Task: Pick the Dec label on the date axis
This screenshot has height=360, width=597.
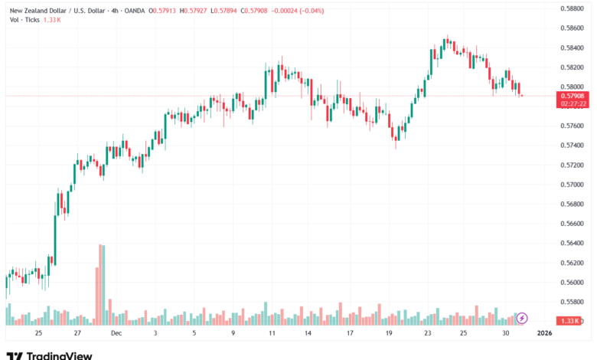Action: tap(116, 334)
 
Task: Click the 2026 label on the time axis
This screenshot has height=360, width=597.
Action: tap(544, 334)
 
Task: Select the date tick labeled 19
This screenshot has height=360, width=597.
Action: tap(389, 334)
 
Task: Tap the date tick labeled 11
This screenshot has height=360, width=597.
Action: tap(272, 334)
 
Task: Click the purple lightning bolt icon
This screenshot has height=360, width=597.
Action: tap(522, 317)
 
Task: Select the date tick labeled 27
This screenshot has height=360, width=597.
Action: tap(77, 334)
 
